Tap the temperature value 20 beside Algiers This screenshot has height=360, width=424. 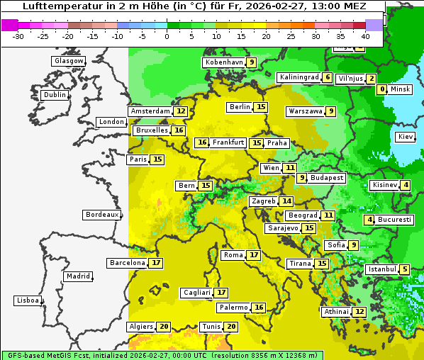tap(164, 327)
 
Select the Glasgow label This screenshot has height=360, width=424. tap(69, 61)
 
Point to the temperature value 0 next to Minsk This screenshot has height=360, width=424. tap(382, 89)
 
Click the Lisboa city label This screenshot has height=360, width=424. tap(27, 300)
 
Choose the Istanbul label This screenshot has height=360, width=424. tap(381, 269)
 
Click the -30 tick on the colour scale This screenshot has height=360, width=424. tap(18, 36)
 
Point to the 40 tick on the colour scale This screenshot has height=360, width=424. tap(366, 36)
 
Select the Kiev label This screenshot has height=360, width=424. tap(406, 137)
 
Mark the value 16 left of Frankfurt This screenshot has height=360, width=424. tap(202, 142)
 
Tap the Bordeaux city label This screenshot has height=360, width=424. tap(102, 215)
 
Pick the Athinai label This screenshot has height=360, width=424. tap(336, 312)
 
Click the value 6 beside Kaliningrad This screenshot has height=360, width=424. tap(327, 77)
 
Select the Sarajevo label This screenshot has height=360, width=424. tap(282, 228)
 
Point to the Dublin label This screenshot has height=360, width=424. tap(55, 95)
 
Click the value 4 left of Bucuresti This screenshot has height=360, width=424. tap(369, 220)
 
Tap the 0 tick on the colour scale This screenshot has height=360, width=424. tap(167, 36)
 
